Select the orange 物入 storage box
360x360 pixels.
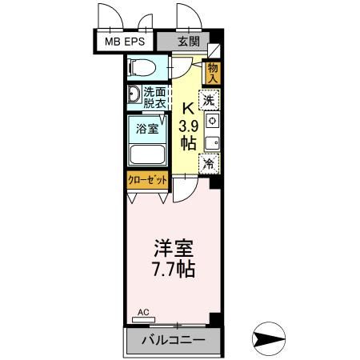pyautogui.click(x=213, y=73)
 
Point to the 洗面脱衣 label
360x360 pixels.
pyautogui.click(x=154, y=97)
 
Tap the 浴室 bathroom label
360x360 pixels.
pyautogui.click(x=146, y=128)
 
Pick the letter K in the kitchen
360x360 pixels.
pyautogui.click(x=189, y=109)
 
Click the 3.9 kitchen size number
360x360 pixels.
pyautogui.click(x=189, y=126)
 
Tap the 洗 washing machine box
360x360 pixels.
pyautogui.click(x=209, y=102)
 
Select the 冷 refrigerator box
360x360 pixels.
pyautogui.click(x=209, y=163)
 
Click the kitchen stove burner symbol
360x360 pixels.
pyautogui.click(x=210, y=122)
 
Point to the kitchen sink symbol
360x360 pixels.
pyautogui.click(x=210, y=143)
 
